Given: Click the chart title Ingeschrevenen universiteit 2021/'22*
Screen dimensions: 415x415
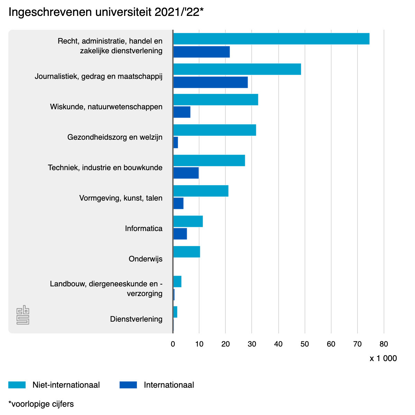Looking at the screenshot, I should coord(106,12).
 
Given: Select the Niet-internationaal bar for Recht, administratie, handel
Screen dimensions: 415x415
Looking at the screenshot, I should coord(271,39).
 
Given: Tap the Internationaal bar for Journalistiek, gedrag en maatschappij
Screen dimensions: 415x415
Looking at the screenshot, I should coord(210,82).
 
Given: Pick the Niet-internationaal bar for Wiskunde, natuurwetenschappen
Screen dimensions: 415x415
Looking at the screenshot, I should coord(215,100).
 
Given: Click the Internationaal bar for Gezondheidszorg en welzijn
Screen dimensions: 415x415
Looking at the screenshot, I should coord(176,142).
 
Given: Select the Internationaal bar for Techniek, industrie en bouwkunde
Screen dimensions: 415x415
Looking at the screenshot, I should coord(186,173).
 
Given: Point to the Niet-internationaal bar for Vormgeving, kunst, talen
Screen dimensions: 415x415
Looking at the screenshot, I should coord(201,191).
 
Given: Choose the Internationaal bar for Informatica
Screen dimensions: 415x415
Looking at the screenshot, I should coord(180,234).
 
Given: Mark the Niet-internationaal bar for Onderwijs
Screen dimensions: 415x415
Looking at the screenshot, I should coord(186,252).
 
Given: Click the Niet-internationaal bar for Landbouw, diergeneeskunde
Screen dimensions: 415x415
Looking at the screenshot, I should coord(177,282).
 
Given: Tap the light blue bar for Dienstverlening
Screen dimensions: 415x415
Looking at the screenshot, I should coord(175,312).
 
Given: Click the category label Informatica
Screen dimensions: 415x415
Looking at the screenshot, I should coord(144,229).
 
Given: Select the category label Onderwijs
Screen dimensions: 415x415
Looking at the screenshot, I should coord(145,259).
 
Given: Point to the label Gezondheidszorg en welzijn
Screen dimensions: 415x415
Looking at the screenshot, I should coord(115,137).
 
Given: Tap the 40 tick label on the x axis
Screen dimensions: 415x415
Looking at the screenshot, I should coord(278,344).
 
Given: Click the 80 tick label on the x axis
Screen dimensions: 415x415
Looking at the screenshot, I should coord(384,344).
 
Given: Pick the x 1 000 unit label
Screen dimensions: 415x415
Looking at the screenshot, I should coord(383,358).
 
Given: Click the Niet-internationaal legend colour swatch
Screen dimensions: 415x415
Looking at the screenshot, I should coord(17,385).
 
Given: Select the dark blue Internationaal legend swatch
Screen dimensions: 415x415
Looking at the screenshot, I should coord(128,385).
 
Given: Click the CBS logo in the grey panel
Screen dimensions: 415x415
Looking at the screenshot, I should coord(23,315).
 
